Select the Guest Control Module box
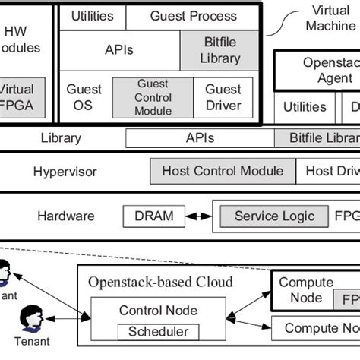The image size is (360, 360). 153,98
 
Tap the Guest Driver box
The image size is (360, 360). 223,98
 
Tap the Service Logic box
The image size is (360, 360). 274,216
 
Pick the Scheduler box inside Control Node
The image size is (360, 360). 158,332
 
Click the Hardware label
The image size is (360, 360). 66,216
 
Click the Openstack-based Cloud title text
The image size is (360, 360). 160,283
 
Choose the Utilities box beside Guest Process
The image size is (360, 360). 92,16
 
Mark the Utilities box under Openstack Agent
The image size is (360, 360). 305,107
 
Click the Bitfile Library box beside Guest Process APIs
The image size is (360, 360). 222,50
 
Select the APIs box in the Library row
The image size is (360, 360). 200,138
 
